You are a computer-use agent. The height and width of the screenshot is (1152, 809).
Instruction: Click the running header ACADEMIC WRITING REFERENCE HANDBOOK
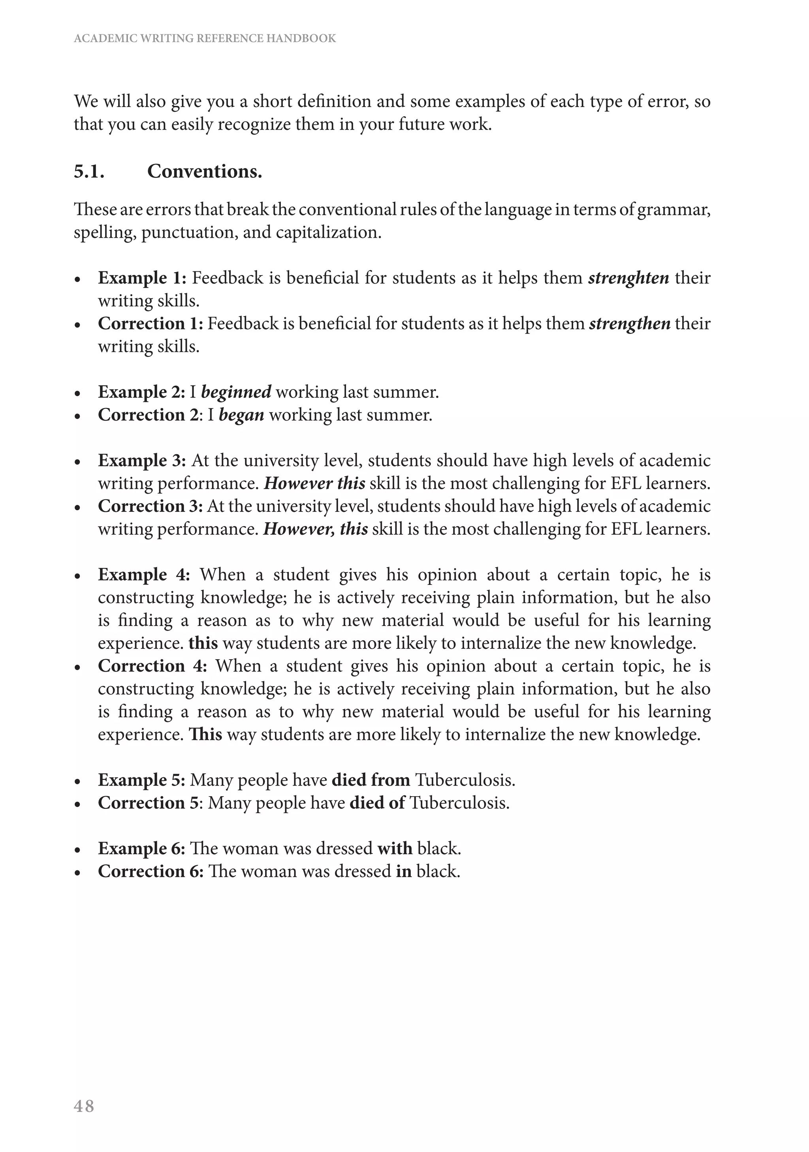pyautogui.click(x=205, y=39)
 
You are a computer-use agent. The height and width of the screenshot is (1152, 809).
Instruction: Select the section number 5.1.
pyautogui.click(x=89, y=172)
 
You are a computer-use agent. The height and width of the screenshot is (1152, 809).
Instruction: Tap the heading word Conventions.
pyautogui.click(x=204, y=172)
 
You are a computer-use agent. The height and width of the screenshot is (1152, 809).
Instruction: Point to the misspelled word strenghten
pyautogui.click(x=628, y=278)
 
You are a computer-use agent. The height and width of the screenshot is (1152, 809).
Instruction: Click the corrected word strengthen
pyautogui.click(x=629, y=323)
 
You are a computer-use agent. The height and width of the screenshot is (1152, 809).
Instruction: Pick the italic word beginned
pyautogui.click(x=236, y=392)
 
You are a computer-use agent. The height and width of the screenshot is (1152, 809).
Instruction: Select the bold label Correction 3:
pyautogui.click(x=150, y=506)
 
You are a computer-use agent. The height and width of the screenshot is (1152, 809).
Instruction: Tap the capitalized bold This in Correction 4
pyautogui.click(x=205, y=735)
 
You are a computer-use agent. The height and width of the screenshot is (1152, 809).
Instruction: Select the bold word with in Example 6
pyautogui.click(x=395, y=848)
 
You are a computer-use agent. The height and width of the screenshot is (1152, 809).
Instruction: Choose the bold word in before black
pyautogui.click(x=403, y=872)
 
